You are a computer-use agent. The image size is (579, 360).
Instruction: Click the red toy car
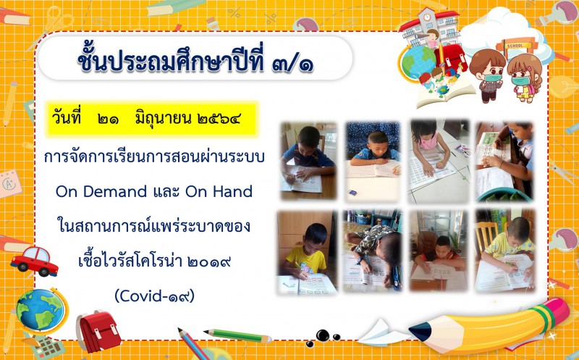[x=34, y=261]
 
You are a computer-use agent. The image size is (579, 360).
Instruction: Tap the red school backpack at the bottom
[x=98, y=331]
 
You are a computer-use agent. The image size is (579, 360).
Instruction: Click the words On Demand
[x=101, y=191]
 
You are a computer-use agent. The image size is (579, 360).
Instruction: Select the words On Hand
[x=219, y=191]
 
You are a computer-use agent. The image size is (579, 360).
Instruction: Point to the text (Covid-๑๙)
[x=154, y=296]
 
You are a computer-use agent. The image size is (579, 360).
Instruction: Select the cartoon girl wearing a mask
[x=524, y=78]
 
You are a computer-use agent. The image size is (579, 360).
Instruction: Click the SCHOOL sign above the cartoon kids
[x=515, y=46]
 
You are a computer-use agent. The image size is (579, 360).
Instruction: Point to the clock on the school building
[x=427, y=17]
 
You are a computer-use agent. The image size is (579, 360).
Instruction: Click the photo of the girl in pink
[x=439, y=162]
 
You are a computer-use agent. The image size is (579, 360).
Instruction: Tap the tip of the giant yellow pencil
[x=414, y=330]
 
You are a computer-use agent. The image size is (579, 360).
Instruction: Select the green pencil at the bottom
[x=237, y=335]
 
